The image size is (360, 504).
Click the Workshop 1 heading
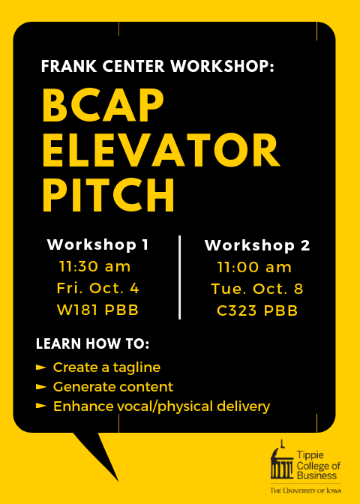pos(97,245)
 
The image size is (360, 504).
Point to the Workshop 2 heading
pos(257,246)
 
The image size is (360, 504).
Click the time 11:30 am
pos(94,267)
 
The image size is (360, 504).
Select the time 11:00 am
pos(254,268)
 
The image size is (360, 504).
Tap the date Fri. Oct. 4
pos(97,288)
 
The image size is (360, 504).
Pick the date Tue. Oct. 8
pos(257,289)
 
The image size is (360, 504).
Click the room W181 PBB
pos(97,310)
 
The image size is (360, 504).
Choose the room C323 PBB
pos(257,310)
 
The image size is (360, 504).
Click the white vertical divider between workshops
pos(179,277)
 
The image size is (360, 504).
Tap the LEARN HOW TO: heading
pos(92,343)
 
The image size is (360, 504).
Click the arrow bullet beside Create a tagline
pos(40,367)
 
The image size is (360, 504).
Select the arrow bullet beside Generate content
pos(40,387)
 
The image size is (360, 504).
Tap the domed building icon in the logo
pos(282,460)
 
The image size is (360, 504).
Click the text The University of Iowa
pos(306,490)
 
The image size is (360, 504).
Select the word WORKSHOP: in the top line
pos(223,67)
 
